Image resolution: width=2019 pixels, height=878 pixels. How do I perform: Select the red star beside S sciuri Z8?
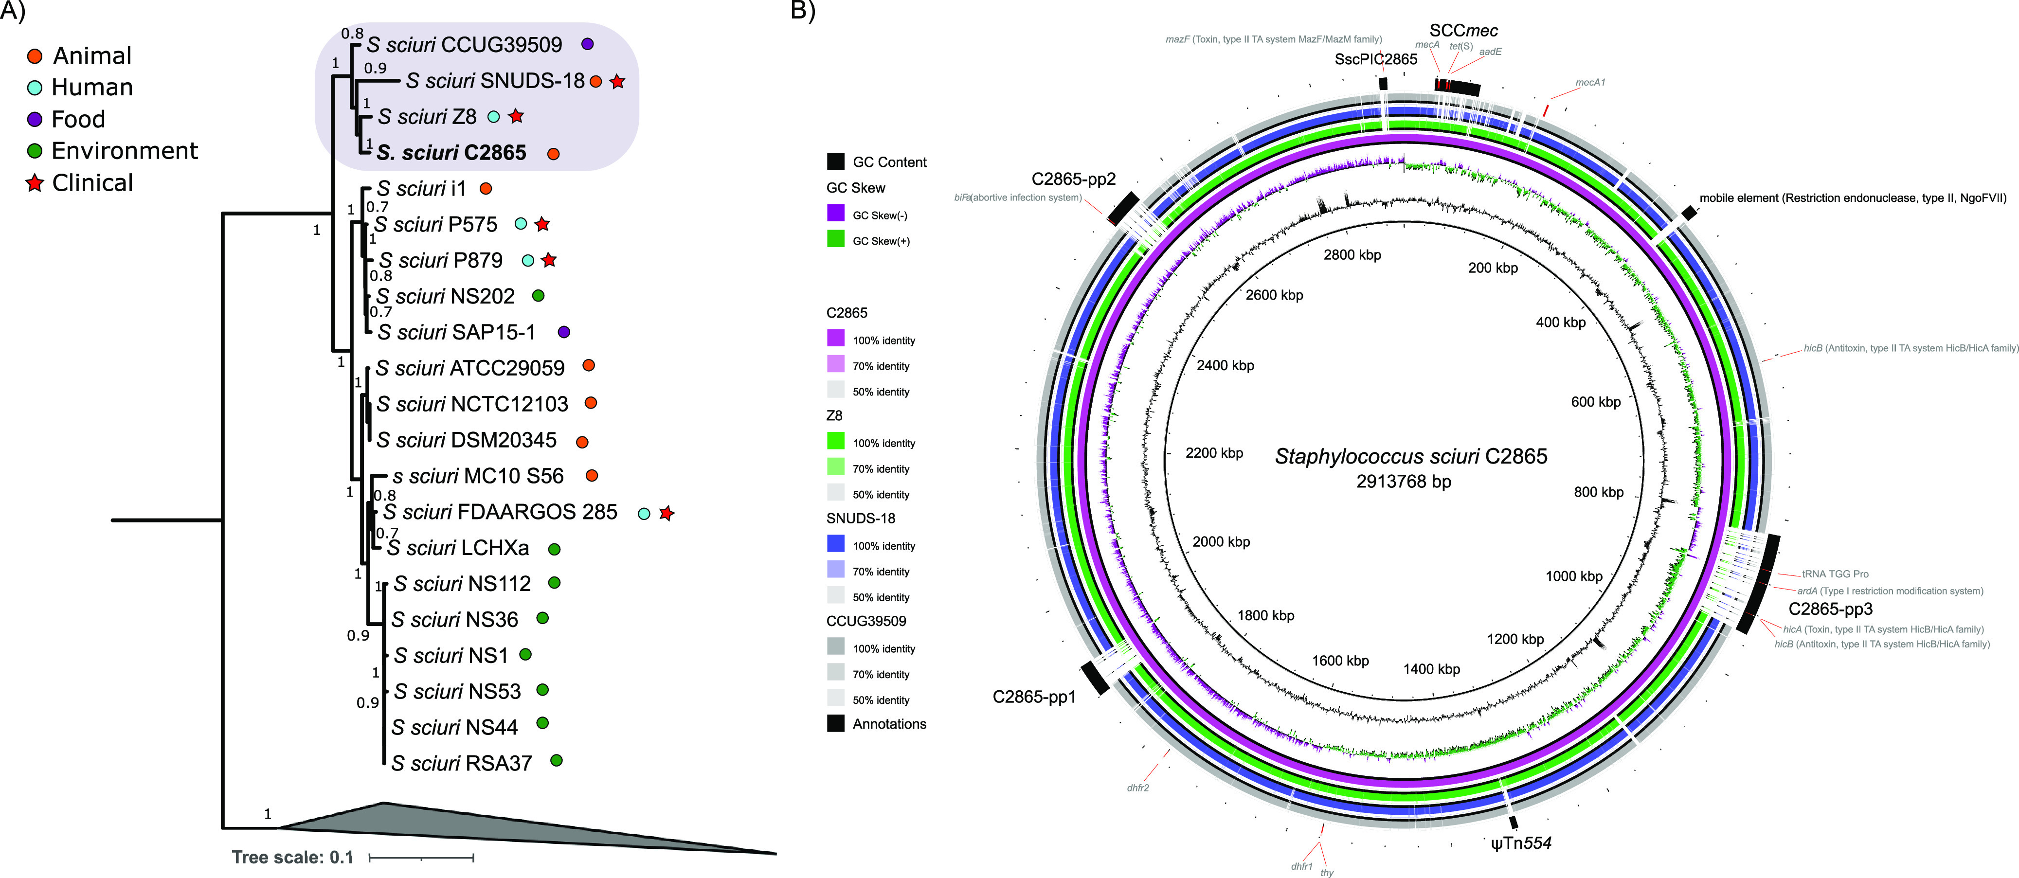tap(516, 116)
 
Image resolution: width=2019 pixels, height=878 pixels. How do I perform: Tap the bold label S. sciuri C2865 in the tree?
tap(451, 153)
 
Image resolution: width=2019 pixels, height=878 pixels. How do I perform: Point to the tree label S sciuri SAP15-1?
tap(457, 332)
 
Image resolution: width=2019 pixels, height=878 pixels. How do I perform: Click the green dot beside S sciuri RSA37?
tap(557, 760)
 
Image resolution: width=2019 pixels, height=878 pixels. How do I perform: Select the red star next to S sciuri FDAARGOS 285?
tap(666, 514)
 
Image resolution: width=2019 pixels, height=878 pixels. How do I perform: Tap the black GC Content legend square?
tap(835, 161)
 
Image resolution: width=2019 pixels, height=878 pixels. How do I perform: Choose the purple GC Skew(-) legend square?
tap(835, 213)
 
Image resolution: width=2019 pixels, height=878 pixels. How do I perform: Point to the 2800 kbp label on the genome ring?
tap(1352, 255)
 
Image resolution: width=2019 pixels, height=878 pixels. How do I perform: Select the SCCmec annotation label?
tap(1463, 31)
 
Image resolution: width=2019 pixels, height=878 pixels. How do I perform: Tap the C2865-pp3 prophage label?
tap(1830, 609)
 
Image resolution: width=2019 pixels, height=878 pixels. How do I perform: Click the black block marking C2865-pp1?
tap(1094, 677)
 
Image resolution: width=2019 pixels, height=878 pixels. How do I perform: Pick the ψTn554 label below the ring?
tap(1520, 843)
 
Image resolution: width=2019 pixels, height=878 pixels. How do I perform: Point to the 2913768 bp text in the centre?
tap(1404, 482)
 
